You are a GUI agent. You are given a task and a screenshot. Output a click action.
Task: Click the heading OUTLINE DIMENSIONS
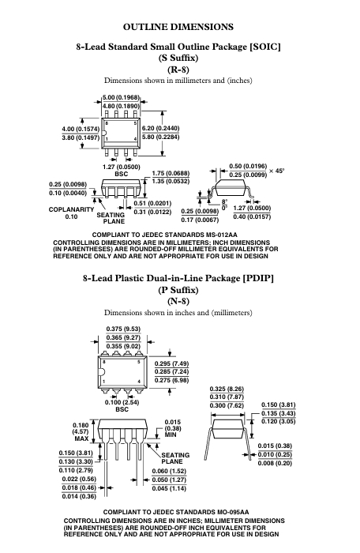(x=178, y=27)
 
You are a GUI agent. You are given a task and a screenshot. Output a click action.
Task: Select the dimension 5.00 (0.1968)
(x=121, y=97)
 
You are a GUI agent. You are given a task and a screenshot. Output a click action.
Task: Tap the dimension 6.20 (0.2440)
(x=160, y=128)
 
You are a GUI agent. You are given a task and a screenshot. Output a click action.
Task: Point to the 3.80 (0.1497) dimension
(x=81, y=137)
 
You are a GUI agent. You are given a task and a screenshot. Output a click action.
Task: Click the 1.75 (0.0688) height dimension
(x=171, y=174)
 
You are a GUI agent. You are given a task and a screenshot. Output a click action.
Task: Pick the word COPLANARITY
(x=71, y=209)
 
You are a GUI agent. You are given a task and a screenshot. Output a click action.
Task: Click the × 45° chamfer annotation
(x=276, y=171)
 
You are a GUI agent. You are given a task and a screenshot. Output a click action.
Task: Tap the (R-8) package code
(x=178, y=70)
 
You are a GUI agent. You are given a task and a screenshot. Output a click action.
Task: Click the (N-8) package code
(x=178, y=301)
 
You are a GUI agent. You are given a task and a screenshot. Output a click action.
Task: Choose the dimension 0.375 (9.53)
(x=123, y=329)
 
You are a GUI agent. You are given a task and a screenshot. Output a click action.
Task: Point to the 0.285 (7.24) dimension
(x=172, y=372)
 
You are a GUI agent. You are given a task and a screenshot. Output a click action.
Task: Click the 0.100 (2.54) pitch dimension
(x=122, y=402)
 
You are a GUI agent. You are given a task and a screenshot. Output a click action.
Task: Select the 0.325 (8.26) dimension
(x=227, y=389)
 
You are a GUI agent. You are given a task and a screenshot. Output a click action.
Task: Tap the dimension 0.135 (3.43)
(x=279, y=413)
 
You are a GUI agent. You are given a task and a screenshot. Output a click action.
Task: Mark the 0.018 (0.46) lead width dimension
(x=79, y=487)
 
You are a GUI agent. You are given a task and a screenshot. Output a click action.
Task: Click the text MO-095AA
(x=233, y=512)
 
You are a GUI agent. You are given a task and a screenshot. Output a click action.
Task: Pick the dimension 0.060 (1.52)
(x=169, y=471)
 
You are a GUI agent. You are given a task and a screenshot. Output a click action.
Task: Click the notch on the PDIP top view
(x=101, y=372)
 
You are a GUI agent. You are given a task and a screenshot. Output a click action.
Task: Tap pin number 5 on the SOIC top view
(x=135, y=123)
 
